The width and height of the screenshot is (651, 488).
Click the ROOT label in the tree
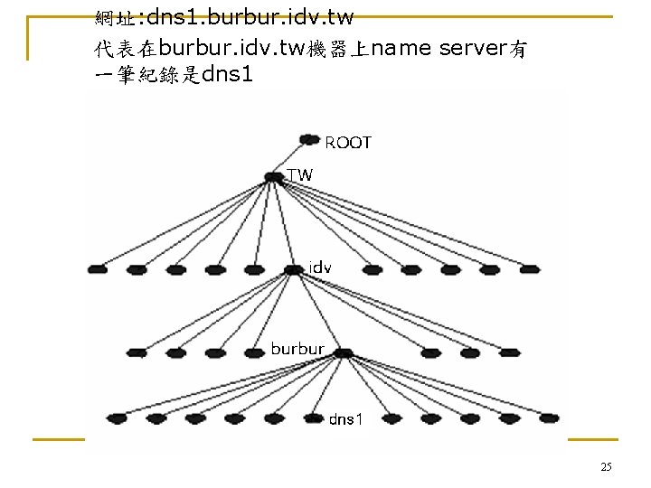tap(348, 143)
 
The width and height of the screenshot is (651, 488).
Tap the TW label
tap(299, 175)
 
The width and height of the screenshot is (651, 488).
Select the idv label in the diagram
tap(320, 267)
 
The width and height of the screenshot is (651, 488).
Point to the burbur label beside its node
tap(297, 348)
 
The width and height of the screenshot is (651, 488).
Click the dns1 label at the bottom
tap(344, 419)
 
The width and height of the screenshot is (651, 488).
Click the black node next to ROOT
tap(310, 140)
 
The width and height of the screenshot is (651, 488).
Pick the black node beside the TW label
tap(273, 178)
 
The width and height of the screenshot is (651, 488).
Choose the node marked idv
tap(292, 269)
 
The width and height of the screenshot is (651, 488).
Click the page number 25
tap(606, 467)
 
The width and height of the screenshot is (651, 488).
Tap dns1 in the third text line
tap(229, 75)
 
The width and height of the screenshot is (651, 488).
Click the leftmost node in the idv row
tap(99, 269)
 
